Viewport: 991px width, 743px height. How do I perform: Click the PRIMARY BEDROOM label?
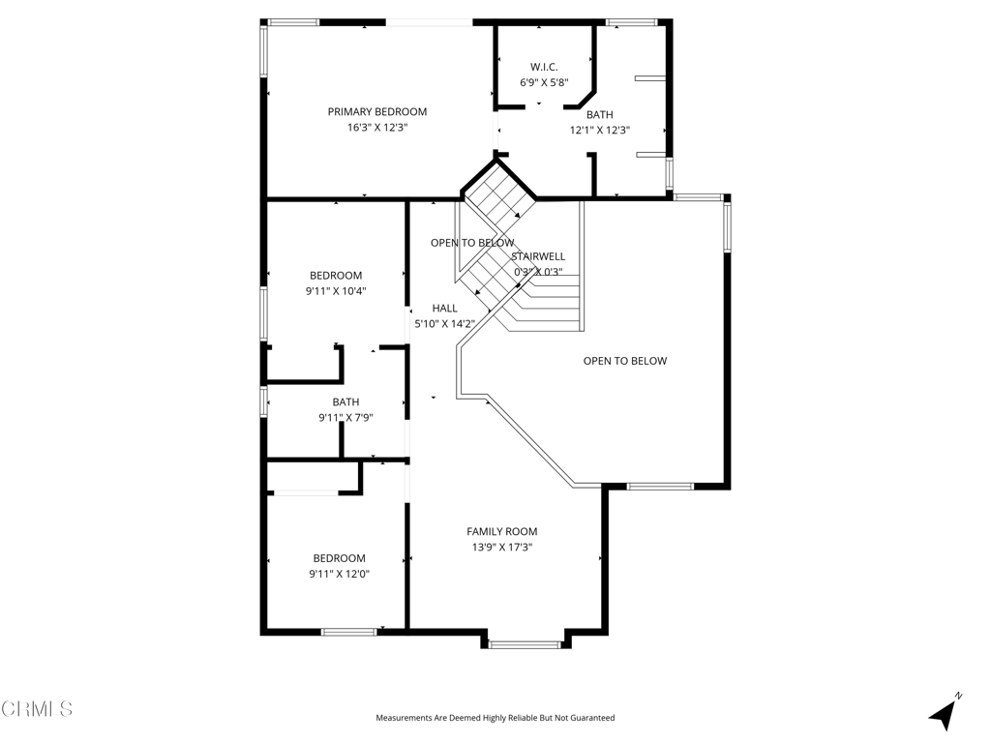pos(377,112)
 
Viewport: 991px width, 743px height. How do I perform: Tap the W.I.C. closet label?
pos(544,67)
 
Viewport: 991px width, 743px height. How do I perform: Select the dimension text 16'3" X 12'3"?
pos(377,128)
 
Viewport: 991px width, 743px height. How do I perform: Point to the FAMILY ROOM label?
pos(502,532)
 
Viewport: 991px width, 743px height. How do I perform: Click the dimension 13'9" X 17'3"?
pos(502,548)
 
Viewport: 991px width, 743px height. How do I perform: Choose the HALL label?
pos(444,309)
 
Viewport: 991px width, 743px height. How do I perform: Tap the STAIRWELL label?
pos(538,256)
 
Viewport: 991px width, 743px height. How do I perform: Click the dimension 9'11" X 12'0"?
pos(340,575)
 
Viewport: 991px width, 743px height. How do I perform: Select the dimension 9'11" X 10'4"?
pos(336,291)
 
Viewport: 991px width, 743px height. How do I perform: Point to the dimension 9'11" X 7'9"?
pos(345,418)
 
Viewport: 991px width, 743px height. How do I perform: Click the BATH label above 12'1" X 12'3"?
pos(599,115)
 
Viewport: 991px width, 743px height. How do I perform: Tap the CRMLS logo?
pos(37,709)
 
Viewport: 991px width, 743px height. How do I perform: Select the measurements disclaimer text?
pos(495,718)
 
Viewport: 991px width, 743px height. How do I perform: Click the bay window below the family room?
pos(526,645)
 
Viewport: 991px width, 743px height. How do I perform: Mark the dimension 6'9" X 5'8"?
pos(544,82)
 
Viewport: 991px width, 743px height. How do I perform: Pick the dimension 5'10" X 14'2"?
pos(444,324)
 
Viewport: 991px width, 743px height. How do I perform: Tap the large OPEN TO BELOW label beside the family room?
pos(624,361)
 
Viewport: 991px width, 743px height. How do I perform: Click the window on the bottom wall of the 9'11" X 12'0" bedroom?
pos(348,632)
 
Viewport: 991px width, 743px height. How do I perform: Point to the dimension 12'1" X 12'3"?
pos(600,131)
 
